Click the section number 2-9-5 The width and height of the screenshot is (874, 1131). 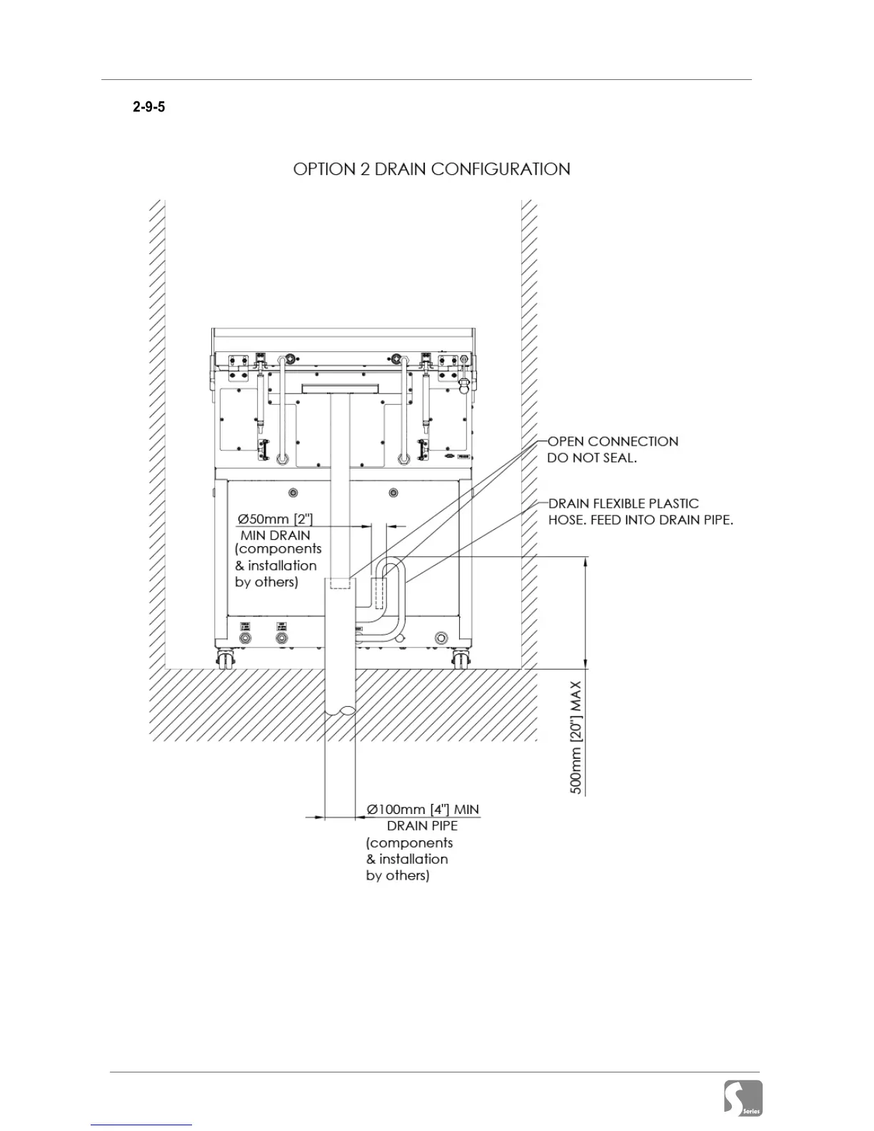click(149, 107)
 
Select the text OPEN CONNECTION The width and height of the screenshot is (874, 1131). click(613, 441)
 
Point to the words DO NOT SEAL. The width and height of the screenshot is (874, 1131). click(591, 458)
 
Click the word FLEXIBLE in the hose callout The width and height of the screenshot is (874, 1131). click(626, 503)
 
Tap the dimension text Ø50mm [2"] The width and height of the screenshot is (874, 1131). click(275, 518)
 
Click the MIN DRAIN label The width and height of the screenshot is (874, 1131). click(275, 535)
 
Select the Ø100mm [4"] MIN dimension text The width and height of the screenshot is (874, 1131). click(423, 810)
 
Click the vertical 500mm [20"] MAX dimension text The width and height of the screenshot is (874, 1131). click(576, 738)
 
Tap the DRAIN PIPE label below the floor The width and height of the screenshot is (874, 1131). click(422, 826)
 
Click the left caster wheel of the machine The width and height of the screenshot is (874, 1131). click(225, 660)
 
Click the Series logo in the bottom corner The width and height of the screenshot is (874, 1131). click(743, 1097)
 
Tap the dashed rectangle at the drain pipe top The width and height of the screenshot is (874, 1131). click(340, 583)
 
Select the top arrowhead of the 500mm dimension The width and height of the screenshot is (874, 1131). click(586, 563)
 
